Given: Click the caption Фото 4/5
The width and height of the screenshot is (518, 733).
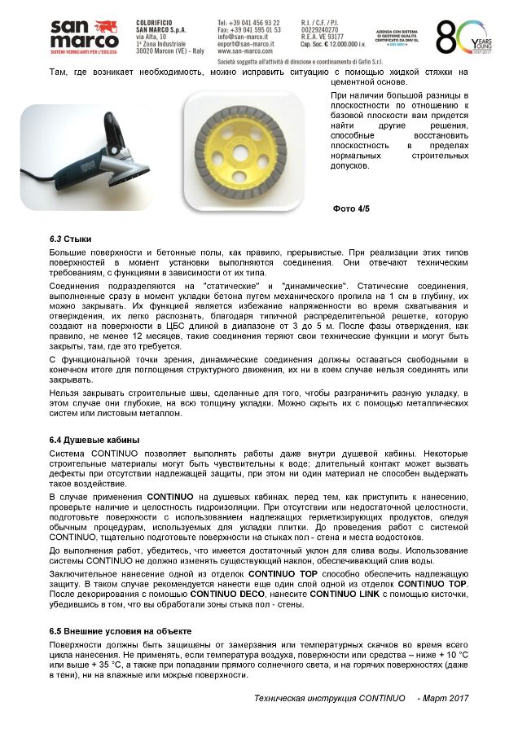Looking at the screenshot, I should click(x=351, y=209).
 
